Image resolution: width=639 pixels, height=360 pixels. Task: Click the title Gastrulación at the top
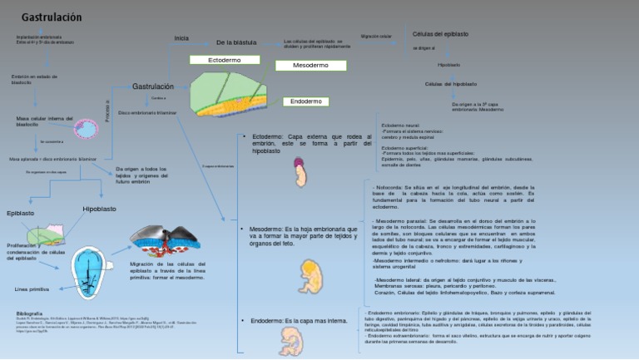tap(51, 17)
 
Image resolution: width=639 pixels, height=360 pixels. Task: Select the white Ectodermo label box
tap(224, 61)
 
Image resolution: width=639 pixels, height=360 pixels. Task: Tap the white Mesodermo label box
tap(310, 65)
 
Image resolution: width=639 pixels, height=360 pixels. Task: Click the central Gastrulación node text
tap(153, 86)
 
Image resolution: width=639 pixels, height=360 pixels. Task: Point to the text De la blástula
tap(236, 42)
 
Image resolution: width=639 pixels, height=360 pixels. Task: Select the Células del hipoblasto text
tap(450, 84)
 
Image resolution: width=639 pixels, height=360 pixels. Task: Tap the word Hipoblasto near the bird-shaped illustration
tap(99, 209)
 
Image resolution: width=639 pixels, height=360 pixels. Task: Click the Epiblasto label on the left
tap(21, 214)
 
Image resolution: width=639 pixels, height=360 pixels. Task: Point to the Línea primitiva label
tap(32, 289)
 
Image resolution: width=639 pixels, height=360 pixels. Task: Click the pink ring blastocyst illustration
tap(86, 129)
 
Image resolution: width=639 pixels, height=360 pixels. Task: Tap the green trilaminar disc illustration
tap(230, 93)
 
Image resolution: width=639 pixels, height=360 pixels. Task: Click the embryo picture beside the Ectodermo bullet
tap(300, 174)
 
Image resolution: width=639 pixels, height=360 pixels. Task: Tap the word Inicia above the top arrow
tap(181, 38)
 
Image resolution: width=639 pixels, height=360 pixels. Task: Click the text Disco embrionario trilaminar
tap(147, 112)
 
